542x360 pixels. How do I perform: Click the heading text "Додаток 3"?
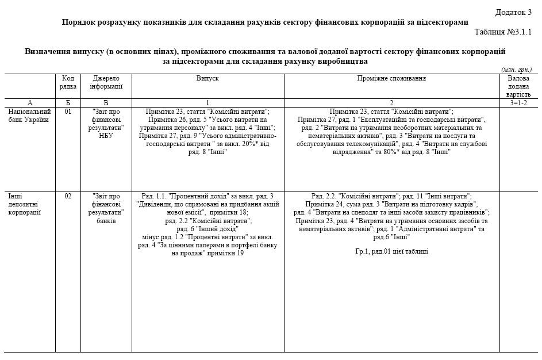pos(513,12)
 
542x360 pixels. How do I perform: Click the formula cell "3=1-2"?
pos(519,102)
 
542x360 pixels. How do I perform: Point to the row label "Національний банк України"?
pos(29,116)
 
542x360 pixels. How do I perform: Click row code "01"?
pos(68,112)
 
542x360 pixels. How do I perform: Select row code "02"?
pos(68,196)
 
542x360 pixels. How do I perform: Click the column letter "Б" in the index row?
pos(68,102)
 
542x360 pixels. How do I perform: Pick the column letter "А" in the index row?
pos(29,102)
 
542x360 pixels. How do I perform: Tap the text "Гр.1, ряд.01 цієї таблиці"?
pos(391,251)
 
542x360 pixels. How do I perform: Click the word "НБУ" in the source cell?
pos(107,136)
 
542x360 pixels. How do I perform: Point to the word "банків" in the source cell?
pos(107,220)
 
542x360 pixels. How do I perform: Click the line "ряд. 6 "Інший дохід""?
pos(207,228)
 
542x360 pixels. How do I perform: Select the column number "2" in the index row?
pos(391,102)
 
